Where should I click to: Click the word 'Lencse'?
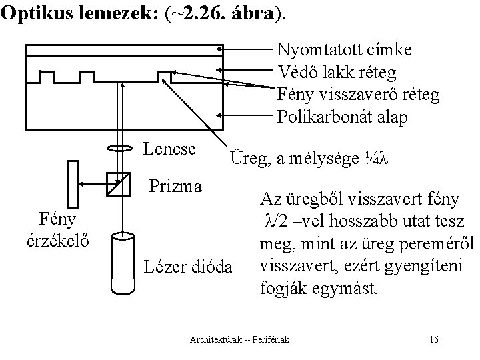tap(169, 149)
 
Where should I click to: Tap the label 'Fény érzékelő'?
tap(57, 229)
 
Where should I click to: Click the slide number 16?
tap(434, 341)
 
